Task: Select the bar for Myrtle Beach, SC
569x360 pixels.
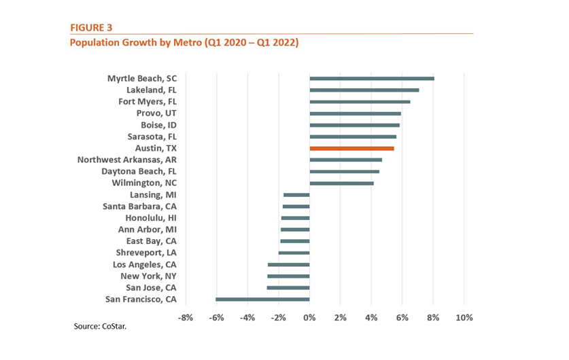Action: point(372,79)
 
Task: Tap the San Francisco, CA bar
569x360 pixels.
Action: point(262,299)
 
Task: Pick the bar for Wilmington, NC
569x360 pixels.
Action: point(341,183)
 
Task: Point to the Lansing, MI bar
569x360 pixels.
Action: point(296,195)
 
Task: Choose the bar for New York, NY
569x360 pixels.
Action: point(288,276)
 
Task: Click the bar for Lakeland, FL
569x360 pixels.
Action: point(364,90)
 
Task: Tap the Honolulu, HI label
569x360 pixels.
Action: point(151,218)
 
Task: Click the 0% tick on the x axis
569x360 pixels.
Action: point(309,317)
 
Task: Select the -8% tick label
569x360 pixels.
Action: point(186,317)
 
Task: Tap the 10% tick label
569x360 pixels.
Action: point(464,317)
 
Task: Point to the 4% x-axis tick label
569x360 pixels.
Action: point(371,317)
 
